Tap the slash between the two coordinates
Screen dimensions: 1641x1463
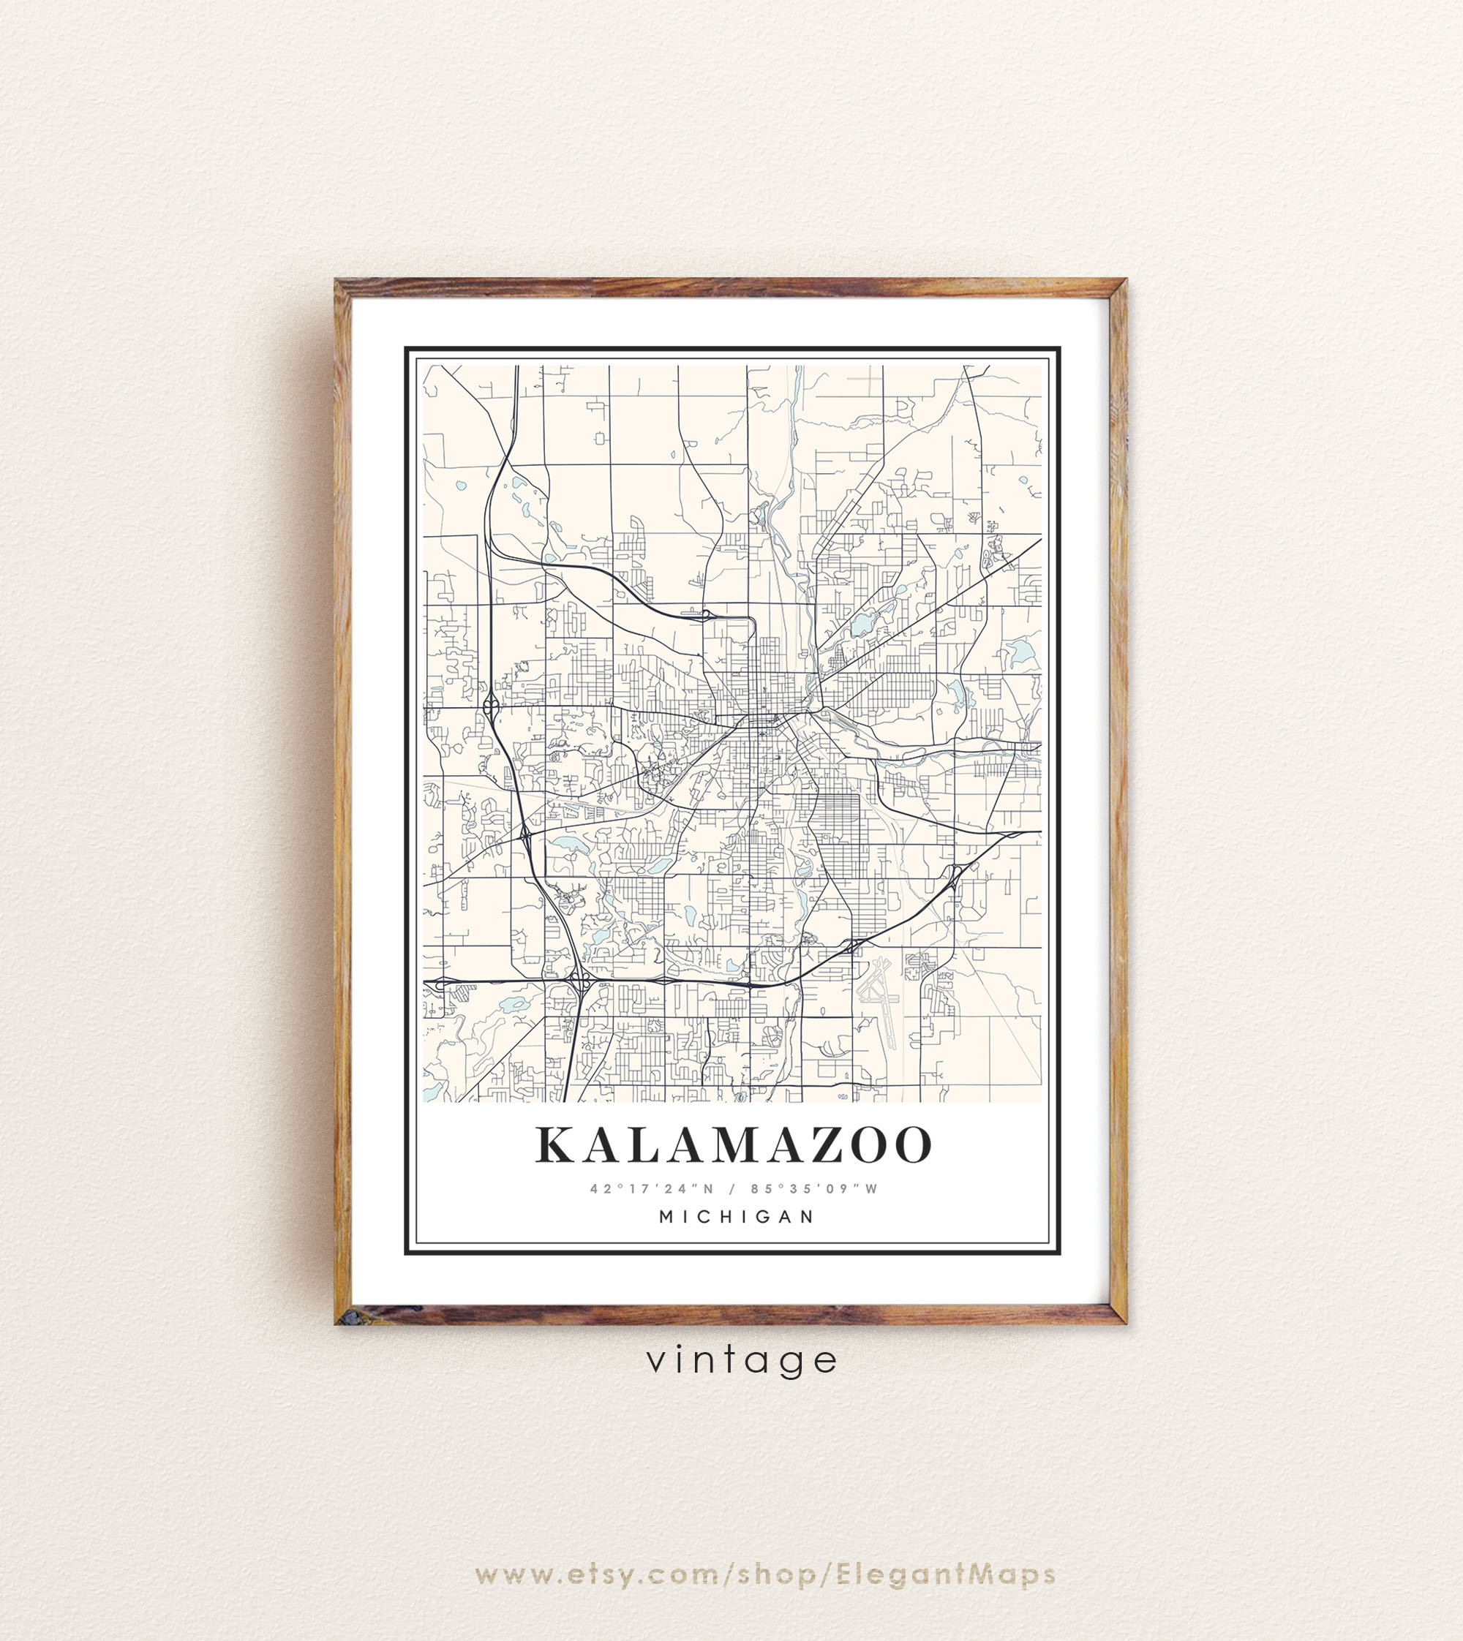pos(732,1188)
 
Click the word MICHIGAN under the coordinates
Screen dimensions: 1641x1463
pos(737,1217)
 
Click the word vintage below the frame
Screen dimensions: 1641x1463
pos(742,1360)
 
